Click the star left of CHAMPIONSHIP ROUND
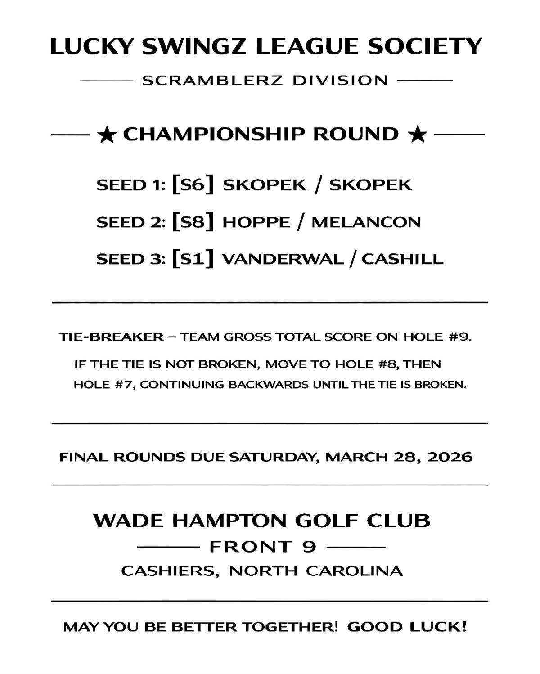[107, 135]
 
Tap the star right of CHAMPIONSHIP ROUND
[418, 135]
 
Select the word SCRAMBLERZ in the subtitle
[212, 81]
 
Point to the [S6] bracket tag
[193, 185]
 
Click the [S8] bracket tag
[193, 222]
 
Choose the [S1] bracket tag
[193, 259]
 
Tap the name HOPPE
[256, 222]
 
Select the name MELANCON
[366, 222]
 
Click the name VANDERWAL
[283, 260]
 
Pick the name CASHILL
[403, 260]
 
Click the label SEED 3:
[131, 260]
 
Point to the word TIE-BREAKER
[111, 337]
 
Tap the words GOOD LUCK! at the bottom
[407, 627]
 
